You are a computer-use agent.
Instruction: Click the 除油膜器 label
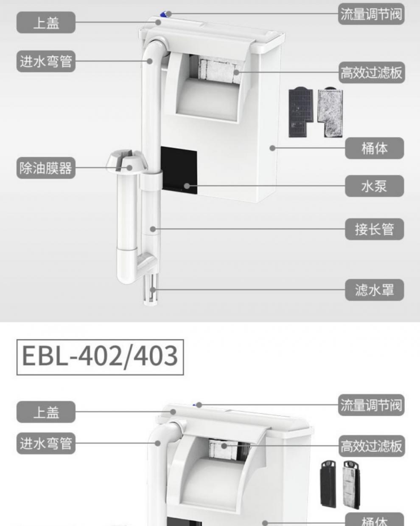[x=46, y=168]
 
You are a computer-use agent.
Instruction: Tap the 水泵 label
[x=374, y=186]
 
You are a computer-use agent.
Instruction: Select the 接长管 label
[x=374, y=229]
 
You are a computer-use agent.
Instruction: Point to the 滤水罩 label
[x=374, y=290]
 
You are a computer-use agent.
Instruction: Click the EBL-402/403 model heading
[x=100, y=356]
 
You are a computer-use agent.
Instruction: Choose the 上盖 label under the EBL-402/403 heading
[x=46, y=412]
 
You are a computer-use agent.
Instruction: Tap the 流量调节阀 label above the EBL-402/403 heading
[x=371, y=14]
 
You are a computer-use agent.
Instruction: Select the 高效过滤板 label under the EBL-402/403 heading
[x=371, y=446]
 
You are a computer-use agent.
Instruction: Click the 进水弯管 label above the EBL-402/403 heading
[x=46, y=62]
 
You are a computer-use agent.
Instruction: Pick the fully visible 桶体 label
[x=374, y=148]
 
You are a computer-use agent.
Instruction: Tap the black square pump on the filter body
[x=179, y=170]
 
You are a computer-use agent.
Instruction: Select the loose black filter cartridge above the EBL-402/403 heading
[x=300, y=113]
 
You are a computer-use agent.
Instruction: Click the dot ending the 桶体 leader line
[x=272, y=148]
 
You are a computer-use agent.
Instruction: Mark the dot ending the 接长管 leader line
[x=153, y=229]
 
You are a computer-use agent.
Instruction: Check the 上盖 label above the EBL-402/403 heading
[x=46, y=23]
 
